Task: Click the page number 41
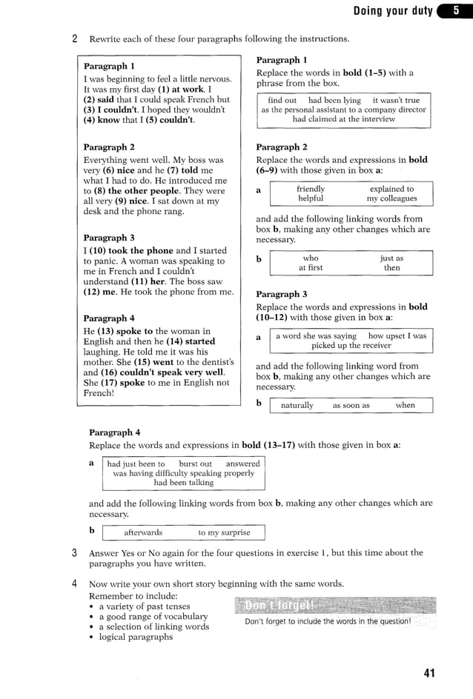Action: pyautogui.click(x=429, y=672)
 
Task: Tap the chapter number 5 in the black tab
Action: pyautogui.click(x=456, y=10)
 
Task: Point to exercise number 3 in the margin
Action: pyautogui.click(x=75, y=552)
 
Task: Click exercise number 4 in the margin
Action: pyautogui.click(x=75, y=583)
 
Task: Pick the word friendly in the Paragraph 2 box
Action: pyautogui.click(x=311, y=189)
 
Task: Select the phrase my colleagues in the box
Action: pyautogui.click(x=391, y=198)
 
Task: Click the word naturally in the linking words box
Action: pyautogui.click(x=297, y=405)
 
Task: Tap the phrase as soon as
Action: pyautogui.click(x=351, y=405)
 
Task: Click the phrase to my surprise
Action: pyautogui.click(x=224, y=532)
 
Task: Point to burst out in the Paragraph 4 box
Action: pyautogui.click(x=195, y=464)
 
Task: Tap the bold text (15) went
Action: pyautogui.click(x=153, y=362)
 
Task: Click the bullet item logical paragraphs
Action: pyautogui.click(x=136, y=637)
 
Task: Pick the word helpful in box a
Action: pyautogui.click(x=311, y=198)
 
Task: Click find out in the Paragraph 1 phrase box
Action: pyautogui.click(x=282, y=100)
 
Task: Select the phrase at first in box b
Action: pyautogui.click(x=311, y=268)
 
